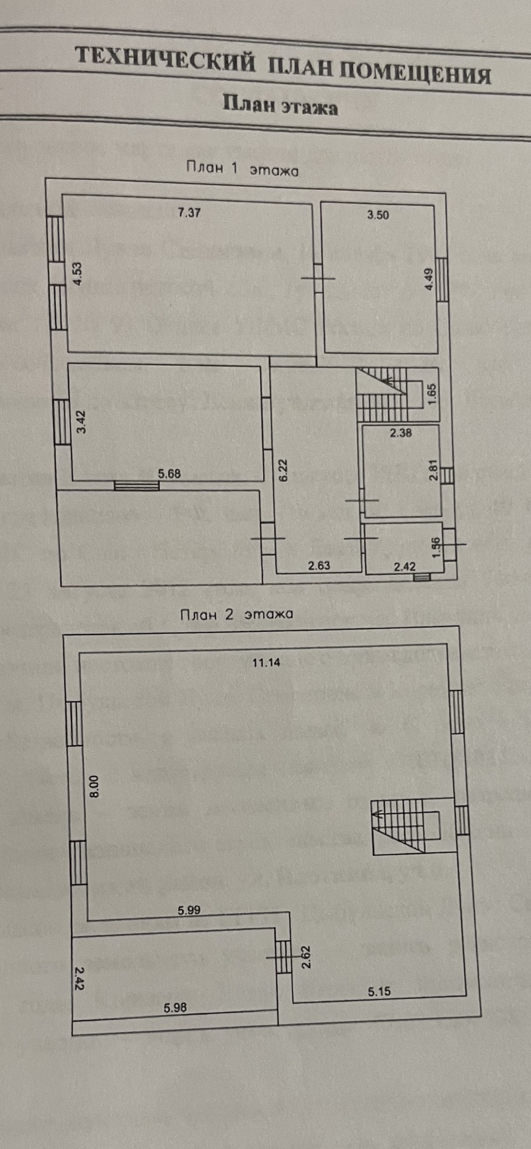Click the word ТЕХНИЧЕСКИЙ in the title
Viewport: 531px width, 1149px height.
166,60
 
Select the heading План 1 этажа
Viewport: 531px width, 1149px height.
242,169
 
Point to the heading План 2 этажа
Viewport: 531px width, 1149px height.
236,614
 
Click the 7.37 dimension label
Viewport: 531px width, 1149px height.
189,213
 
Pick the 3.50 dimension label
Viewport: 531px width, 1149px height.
377,215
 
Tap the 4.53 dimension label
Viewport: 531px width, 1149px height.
77,274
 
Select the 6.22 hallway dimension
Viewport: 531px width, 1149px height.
283,470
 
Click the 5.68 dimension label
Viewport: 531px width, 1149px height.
169,474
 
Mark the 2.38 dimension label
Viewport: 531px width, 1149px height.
401,433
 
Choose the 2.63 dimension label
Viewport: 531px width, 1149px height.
319,566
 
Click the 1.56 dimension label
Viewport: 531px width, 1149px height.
435,548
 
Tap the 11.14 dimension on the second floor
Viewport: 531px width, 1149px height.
266,663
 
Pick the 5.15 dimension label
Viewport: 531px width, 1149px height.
379,991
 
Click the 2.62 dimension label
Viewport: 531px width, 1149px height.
305,957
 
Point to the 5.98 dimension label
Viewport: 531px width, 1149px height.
175,1007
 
